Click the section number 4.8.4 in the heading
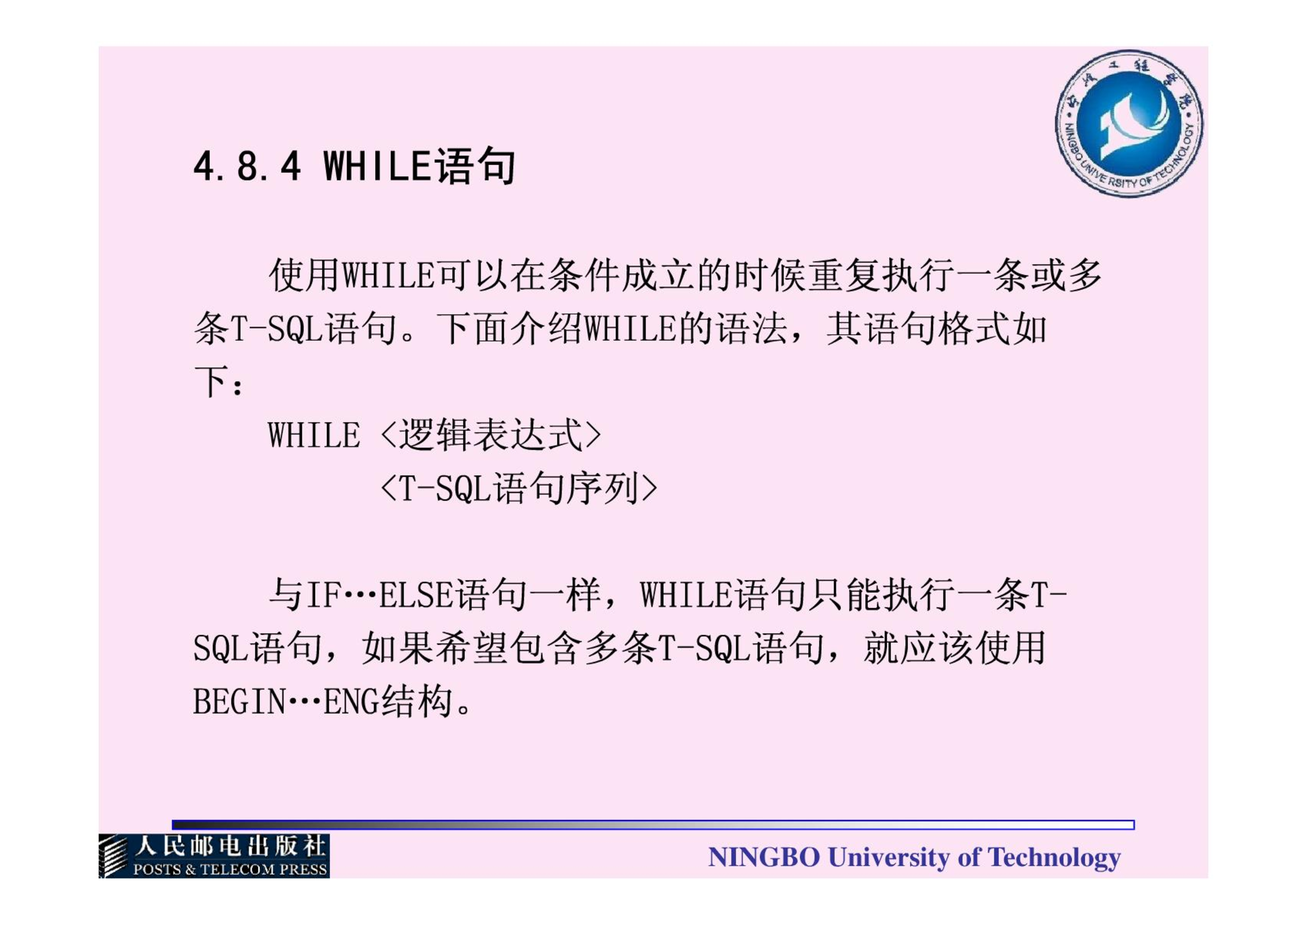click(247, 167)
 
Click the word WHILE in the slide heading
click(377, 167)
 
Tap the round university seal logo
click(1129, 124)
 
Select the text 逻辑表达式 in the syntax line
click(491, 435)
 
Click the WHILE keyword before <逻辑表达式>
click(314, 435)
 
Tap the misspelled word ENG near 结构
click(351, 702)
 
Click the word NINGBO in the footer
click(764, 857)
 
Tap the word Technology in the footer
click(1054, 858)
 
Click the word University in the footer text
click(889, 858)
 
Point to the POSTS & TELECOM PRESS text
click(230, 869)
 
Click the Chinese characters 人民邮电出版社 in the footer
click(230, 847)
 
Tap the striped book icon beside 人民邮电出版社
click(114, 856)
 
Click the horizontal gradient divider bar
click(653, 825)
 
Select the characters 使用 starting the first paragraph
click(305, 275)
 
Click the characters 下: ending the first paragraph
click(219, 382)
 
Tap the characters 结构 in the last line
click(416, 701)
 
